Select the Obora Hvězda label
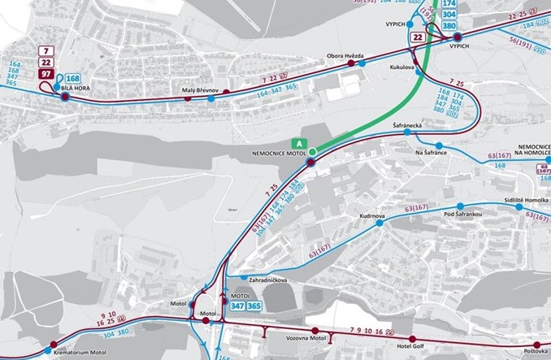pyautogui.click(x=345, y=56)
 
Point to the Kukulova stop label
pyautogui.click(x=403, y=67)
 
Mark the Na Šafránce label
pyautogui.click(x=432, y=153)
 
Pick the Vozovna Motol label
pyautogui.click(x=306, y=337)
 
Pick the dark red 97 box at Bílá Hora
pyautogui.click(x=47, y=76)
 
